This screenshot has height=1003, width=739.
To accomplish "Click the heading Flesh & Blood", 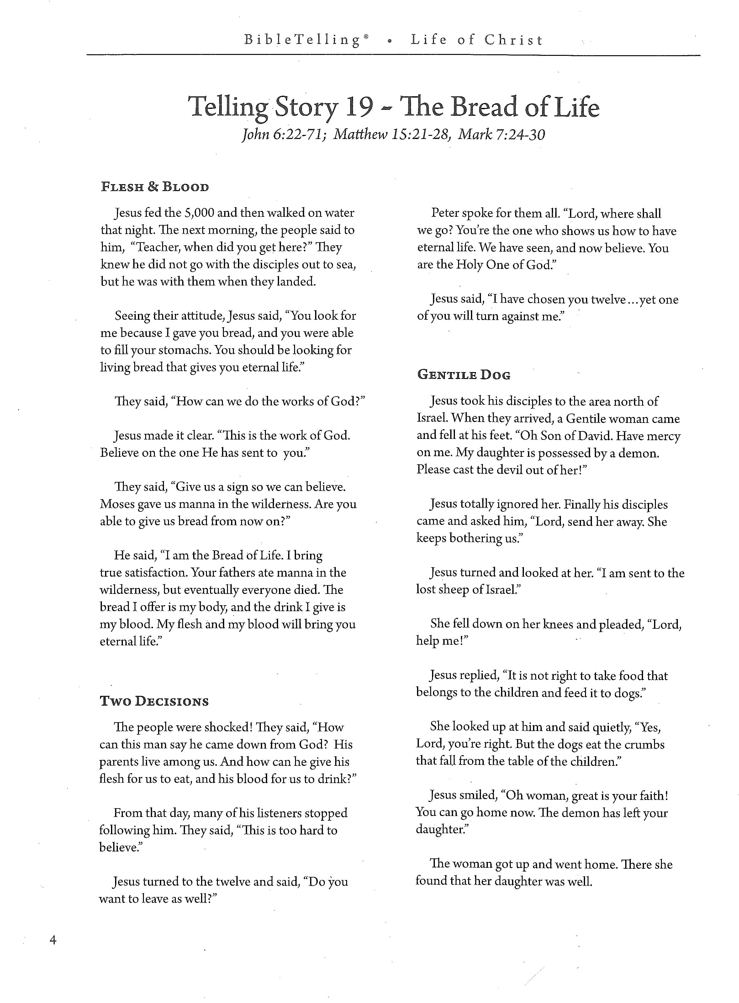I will pyautogui.click(x=155, y=187).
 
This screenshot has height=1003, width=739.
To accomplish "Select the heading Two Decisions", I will pyautogui.click(x=154, y=701).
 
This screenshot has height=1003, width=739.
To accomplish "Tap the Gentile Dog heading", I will pyautogui.click(x=463, y=375).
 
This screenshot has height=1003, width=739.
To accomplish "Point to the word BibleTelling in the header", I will pyautogui.click(x=302, y=40).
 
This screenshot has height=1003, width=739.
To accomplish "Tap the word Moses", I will pyautogui.click(x=117, y=504).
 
